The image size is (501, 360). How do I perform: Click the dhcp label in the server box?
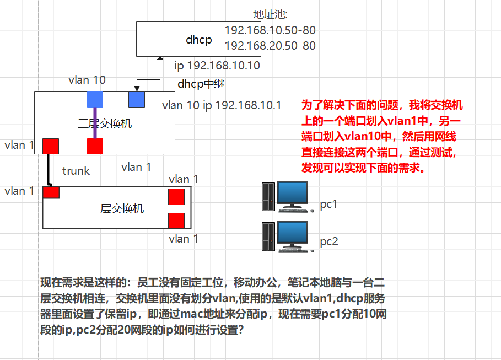(199, 39)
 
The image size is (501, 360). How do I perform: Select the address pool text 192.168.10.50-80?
(270, 30)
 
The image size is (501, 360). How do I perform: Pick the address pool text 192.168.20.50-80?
(270, 45)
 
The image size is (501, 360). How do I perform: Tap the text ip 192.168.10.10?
(217, 66)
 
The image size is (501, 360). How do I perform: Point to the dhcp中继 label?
(201, 84)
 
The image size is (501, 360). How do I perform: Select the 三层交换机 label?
(105, 123)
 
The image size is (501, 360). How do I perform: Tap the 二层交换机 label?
(117, 208)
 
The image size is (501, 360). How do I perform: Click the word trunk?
(76, 171)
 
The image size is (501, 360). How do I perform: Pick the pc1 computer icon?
(285, 196)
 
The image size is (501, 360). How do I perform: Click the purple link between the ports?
(95, 122)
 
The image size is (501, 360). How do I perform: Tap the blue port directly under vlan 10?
(95, 99)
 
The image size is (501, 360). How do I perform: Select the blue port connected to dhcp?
(136, 99)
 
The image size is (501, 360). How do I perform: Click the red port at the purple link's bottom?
(95, 146)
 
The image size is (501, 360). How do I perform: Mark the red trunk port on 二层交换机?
(51, 192)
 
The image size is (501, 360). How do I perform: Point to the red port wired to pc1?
(176, 197)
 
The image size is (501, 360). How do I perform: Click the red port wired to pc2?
(176, 221)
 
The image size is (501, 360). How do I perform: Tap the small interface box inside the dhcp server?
(160, 50)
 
